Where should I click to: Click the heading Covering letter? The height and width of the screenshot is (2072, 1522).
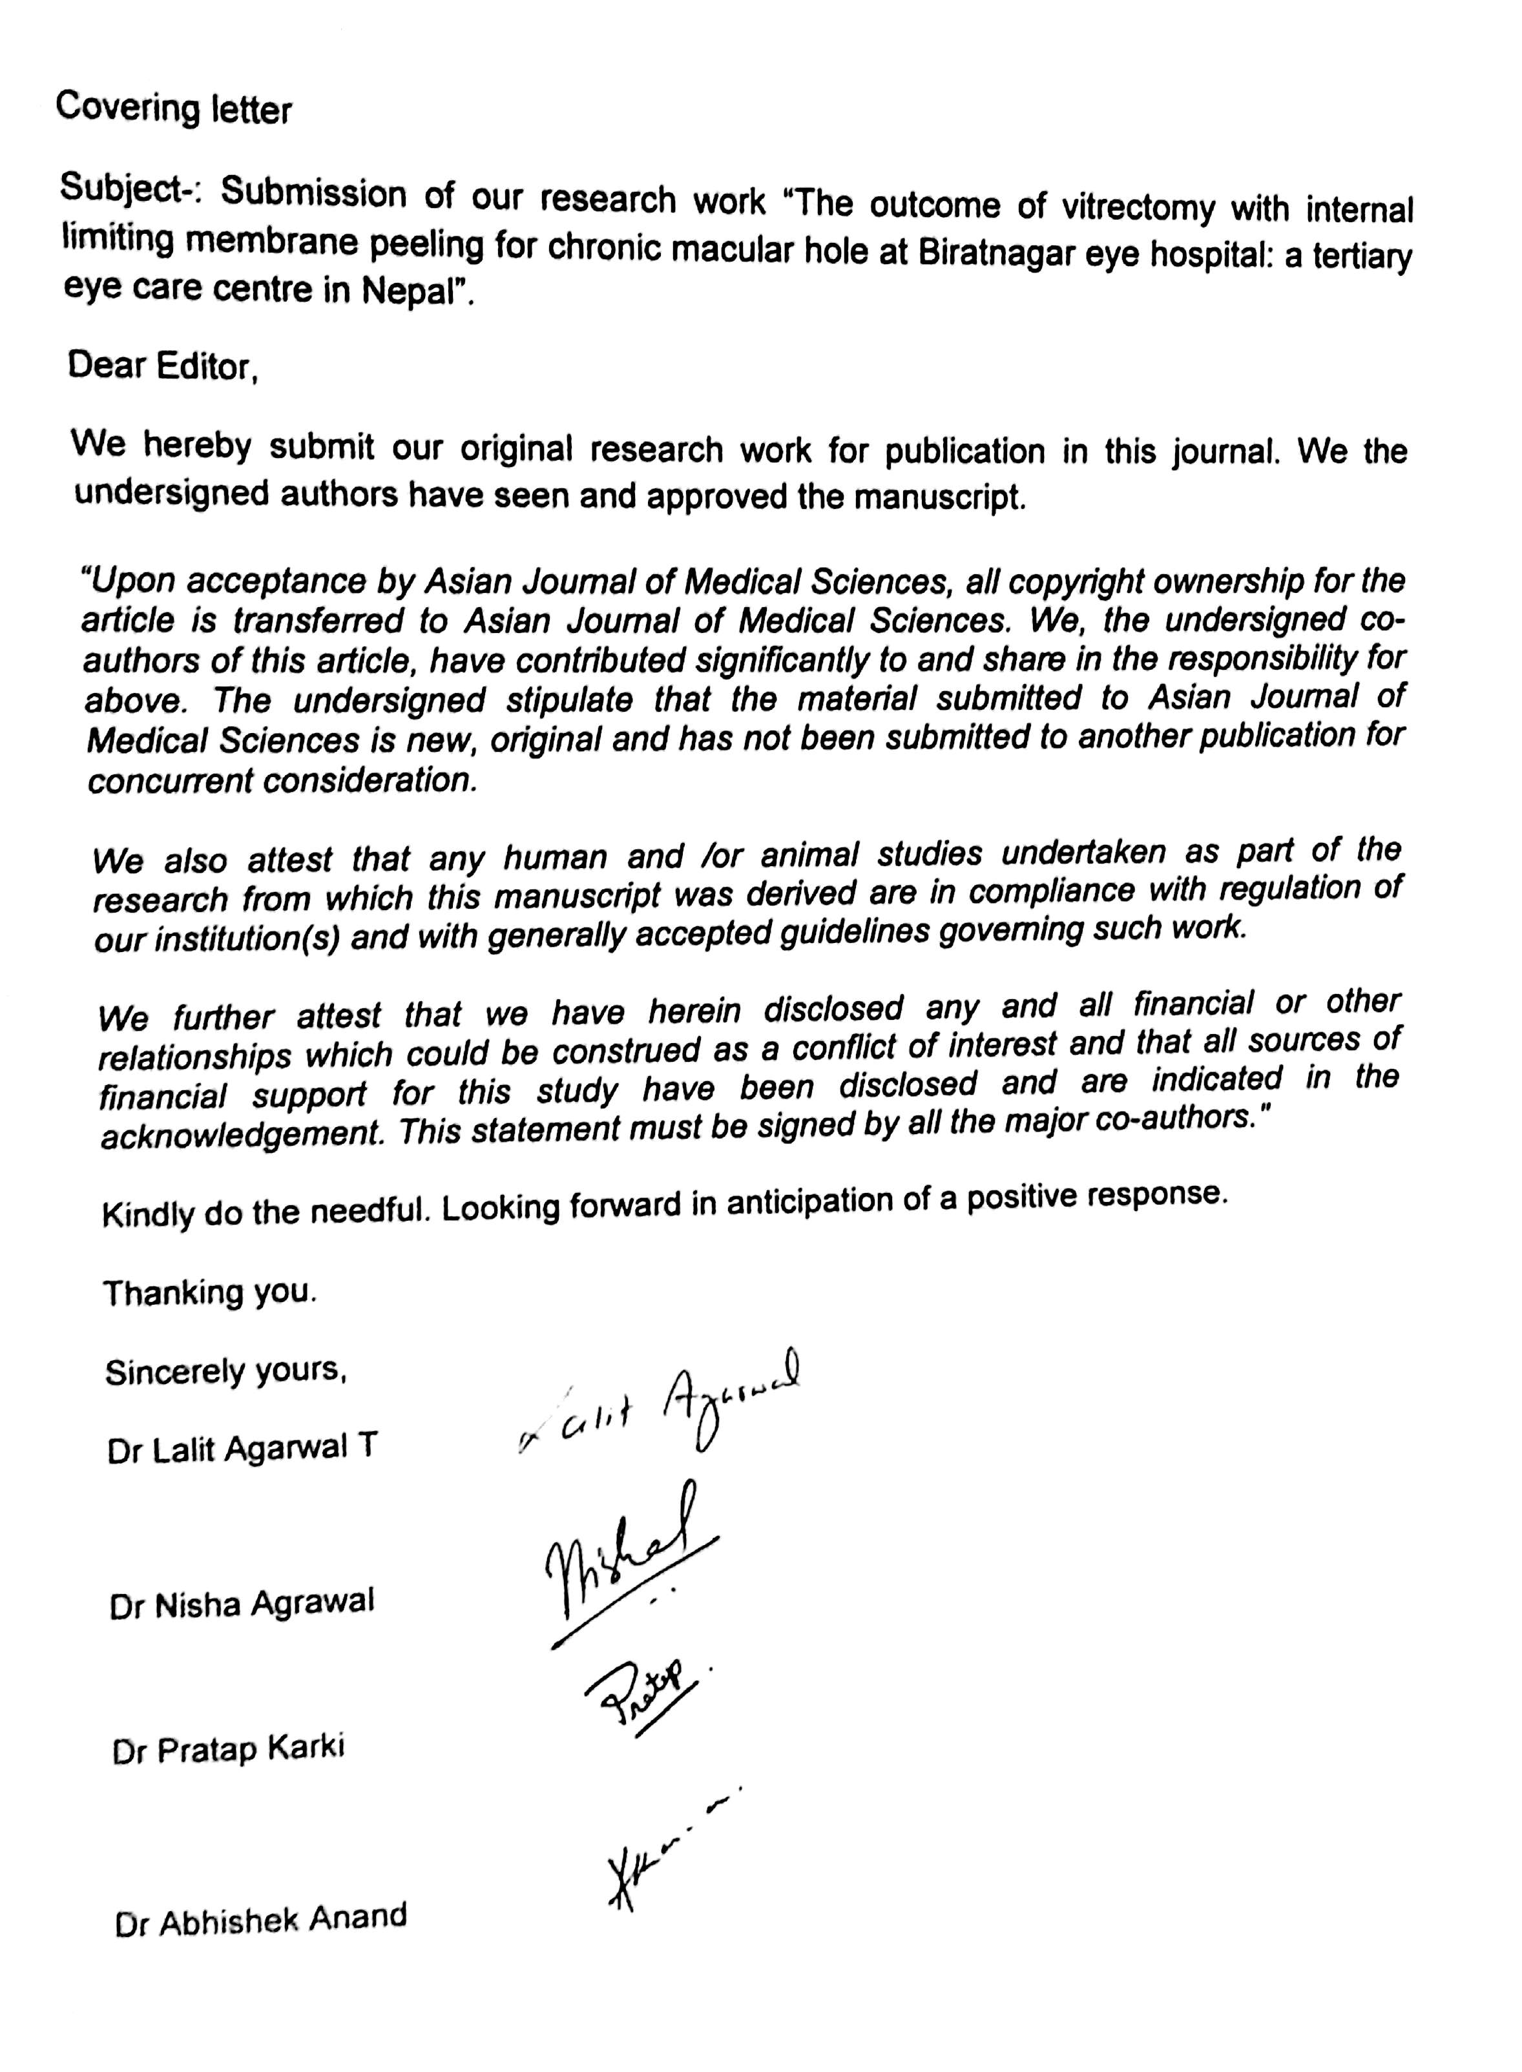pos(173,109)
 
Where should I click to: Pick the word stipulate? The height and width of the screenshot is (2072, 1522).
pos(568,701)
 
